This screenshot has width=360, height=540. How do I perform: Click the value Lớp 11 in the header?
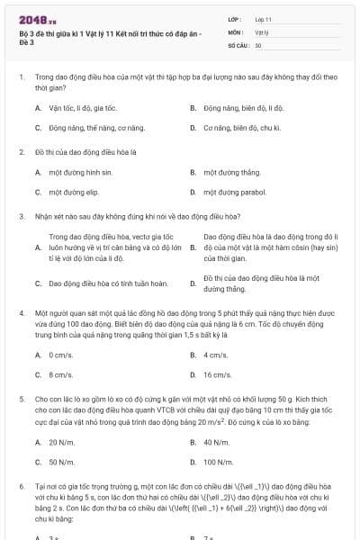(264, 18)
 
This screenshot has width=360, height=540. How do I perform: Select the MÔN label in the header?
(235, 31)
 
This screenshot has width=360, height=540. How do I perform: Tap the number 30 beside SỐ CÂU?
(258, 44)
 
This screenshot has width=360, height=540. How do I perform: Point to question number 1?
(21, 78)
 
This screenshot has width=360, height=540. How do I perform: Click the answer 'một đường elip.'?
(74, 192)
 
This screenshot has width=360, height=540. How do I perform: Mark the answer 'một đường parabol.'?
(235, 192)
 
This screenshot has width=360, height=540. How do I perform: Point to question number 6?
(21, 485)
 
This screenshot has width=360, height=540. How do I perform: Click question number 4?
(21, 311)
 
